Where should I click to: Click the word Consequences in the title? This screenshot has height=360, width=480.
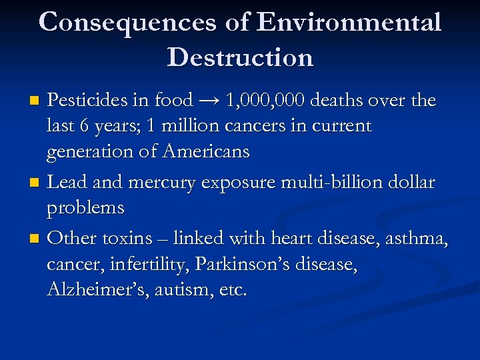(127, 23)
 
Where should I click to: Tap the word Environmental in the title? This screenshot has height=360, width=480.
(349, 23)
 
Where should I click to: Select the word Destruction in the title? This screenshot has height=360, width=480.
(240, 58)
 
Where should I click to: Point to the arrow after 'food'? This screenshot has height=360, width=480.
(208, 101)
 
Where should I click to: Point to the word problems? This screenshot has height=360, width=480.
(85, 209)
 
